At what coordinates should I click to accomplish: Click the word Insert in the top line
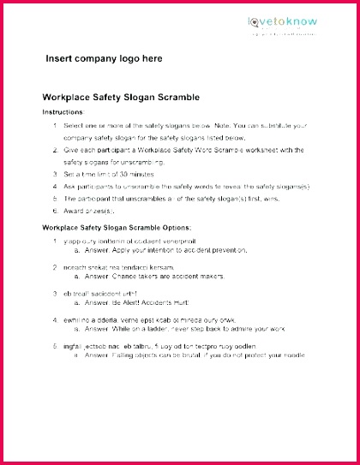[x=60, y=59]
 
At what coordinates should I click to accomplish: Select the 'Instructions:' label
[x=63, y=112]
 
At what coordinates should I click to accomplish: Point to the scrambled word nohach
[x=75, y=266]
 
